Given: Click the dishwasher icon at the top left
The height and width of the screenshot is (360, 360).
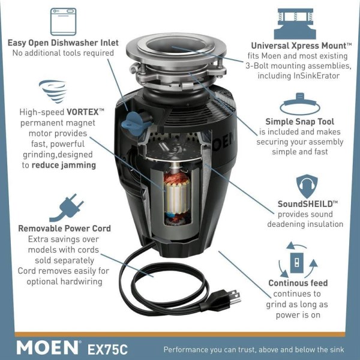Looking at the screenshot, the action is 63,22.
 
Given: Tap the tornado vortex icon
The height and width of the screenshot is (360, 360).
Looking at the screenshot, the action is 53,91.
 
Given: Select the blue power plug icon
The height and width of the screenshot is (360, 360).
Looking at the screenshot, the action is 67,208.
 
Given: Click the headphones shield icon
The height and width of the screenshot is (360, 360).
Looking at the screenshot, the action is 307,186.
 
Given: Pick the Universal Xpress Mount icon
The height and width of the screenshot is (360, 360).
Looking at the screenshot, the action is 295,23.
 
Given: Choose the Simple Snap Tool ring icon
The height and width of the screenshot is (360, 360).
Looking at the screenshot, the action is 300,104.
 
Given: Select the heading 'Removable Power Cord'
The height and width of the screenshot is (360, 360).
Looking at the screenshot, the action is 65,229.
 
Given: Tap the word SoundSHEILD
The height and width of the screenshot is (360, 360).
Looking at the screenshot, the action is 305,204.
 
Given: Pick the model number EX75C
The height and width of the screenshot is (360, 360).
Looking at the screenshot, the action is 107,349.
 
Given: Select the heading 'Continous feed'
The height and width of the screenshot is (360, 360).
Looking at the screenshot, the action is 298,283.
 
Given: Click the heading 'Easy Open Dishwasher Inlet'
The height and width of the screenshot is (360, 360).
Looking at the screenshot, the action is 63,43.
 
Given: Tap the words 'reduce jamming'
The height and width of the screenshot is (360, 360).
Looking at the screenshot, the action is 64,165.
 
